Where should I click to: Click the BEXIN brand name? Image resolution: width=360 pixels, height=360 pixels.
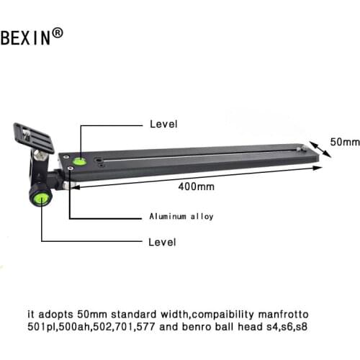coord(25,37)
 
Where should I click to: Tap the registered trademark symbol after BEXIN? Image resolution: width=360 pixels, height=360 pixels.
coord(58,33)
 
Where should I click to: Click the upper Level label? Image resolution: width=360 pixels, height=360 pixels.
coord(163,124)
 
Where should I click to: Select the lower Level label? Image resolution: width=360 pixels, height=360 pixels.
coord(162,242)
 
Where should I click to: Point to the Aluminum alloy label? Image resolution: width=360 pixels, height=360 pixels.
coord(181,217)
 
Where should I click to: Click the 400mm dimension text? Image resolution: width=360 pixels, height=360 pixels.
coord(197,186)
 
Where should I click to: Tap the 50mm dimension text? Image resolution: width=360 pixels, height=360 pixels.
coord(345,142)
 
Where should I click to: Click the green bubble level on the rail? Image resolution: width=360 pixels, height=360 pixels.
coord(80,161)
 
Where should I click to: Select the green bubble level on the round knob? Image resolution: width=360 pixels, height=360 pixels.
coord(41,199)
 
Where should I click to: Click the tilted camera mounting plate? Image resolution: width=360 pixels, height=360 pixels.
coord(34,138)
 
